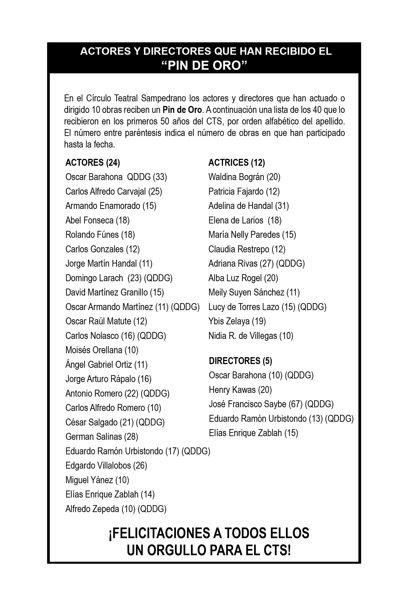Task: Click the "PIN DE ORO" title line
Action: pos(204,66)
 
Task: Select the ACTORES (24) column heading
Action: pos(93,163)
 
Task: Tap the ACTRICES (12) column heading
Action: pos(236,163)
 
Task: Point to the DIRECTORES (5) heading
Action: pos(240,361)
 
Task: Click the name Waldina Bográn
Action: pos(236,177)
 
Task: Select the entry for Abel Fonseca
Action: pos(97,220)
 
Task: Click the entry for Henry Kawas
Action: pos(240,390)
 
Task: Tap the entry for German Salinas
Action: pos(101,437)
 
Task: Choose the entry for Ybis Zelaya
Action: pos(237,321)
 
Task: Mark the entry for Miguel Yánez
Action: pos(97,480)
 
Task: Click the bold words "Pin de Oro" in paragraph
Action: pos(182,110)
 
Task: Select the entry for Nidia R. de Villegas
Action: pos(251,336)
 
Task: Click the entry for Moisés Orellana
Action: pos(102,350)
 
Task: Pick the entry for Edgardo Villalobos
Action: pos(106,465)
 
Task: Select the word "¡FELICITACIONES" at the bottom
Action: pos(160,533)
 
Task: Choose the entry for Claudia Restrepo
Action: pos(247,249)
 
